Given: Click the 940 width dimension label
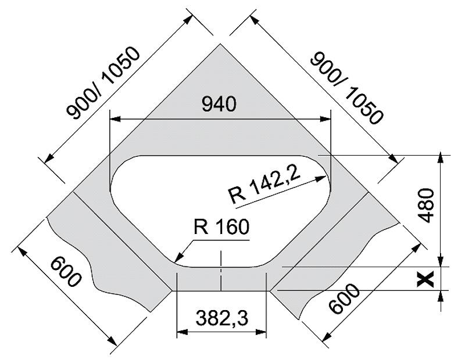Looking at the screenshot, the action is coord(219,104).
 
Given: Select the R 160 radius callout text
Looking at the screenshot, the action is coord(221,227).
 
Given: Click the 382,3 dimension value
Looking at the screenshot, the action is coord(221,318).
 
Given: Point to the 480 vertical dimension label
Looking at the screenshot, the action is coord(427,205).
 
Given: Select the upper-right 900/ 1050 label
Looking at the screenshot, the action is coord(346,88).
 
